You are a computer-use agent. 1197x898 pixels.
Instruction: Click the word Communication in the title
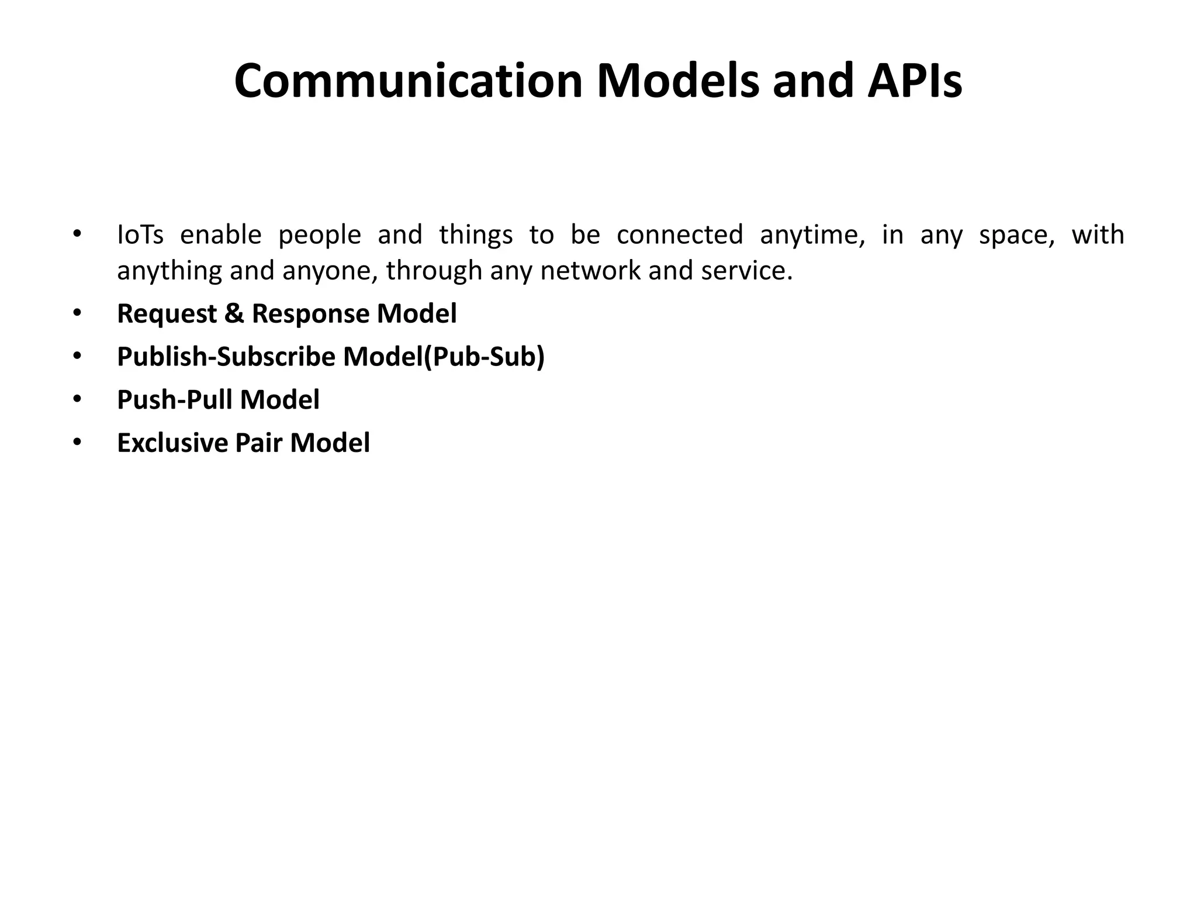coord(408,81)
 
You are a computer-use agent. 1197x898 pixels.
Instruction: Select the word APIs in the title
coord(915,81)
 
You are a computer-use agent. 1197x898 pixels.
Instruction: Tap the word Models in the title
coord(677,81)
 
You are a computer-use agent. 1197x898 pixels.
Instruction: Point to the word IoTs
coord(140,235)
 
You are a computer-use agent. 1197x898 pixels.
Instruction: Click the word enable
coord(220,235)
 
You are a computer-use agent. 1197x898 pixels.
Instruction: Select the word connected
coord(680,235)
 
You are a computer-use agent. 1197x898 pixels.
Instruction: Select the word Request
coord(167,314)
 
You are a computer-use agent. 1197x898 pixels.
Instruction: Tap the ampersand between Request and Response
coord(234,314)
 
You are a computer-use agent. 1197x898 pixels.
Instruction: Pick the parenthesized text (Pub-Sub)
coord(483,357)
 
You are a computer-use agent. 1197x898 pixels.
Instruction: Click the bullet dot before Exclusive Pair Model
coord(77,443)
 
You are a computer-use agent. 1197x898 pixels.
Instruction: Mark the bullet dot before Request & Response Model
coord(77,314)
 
